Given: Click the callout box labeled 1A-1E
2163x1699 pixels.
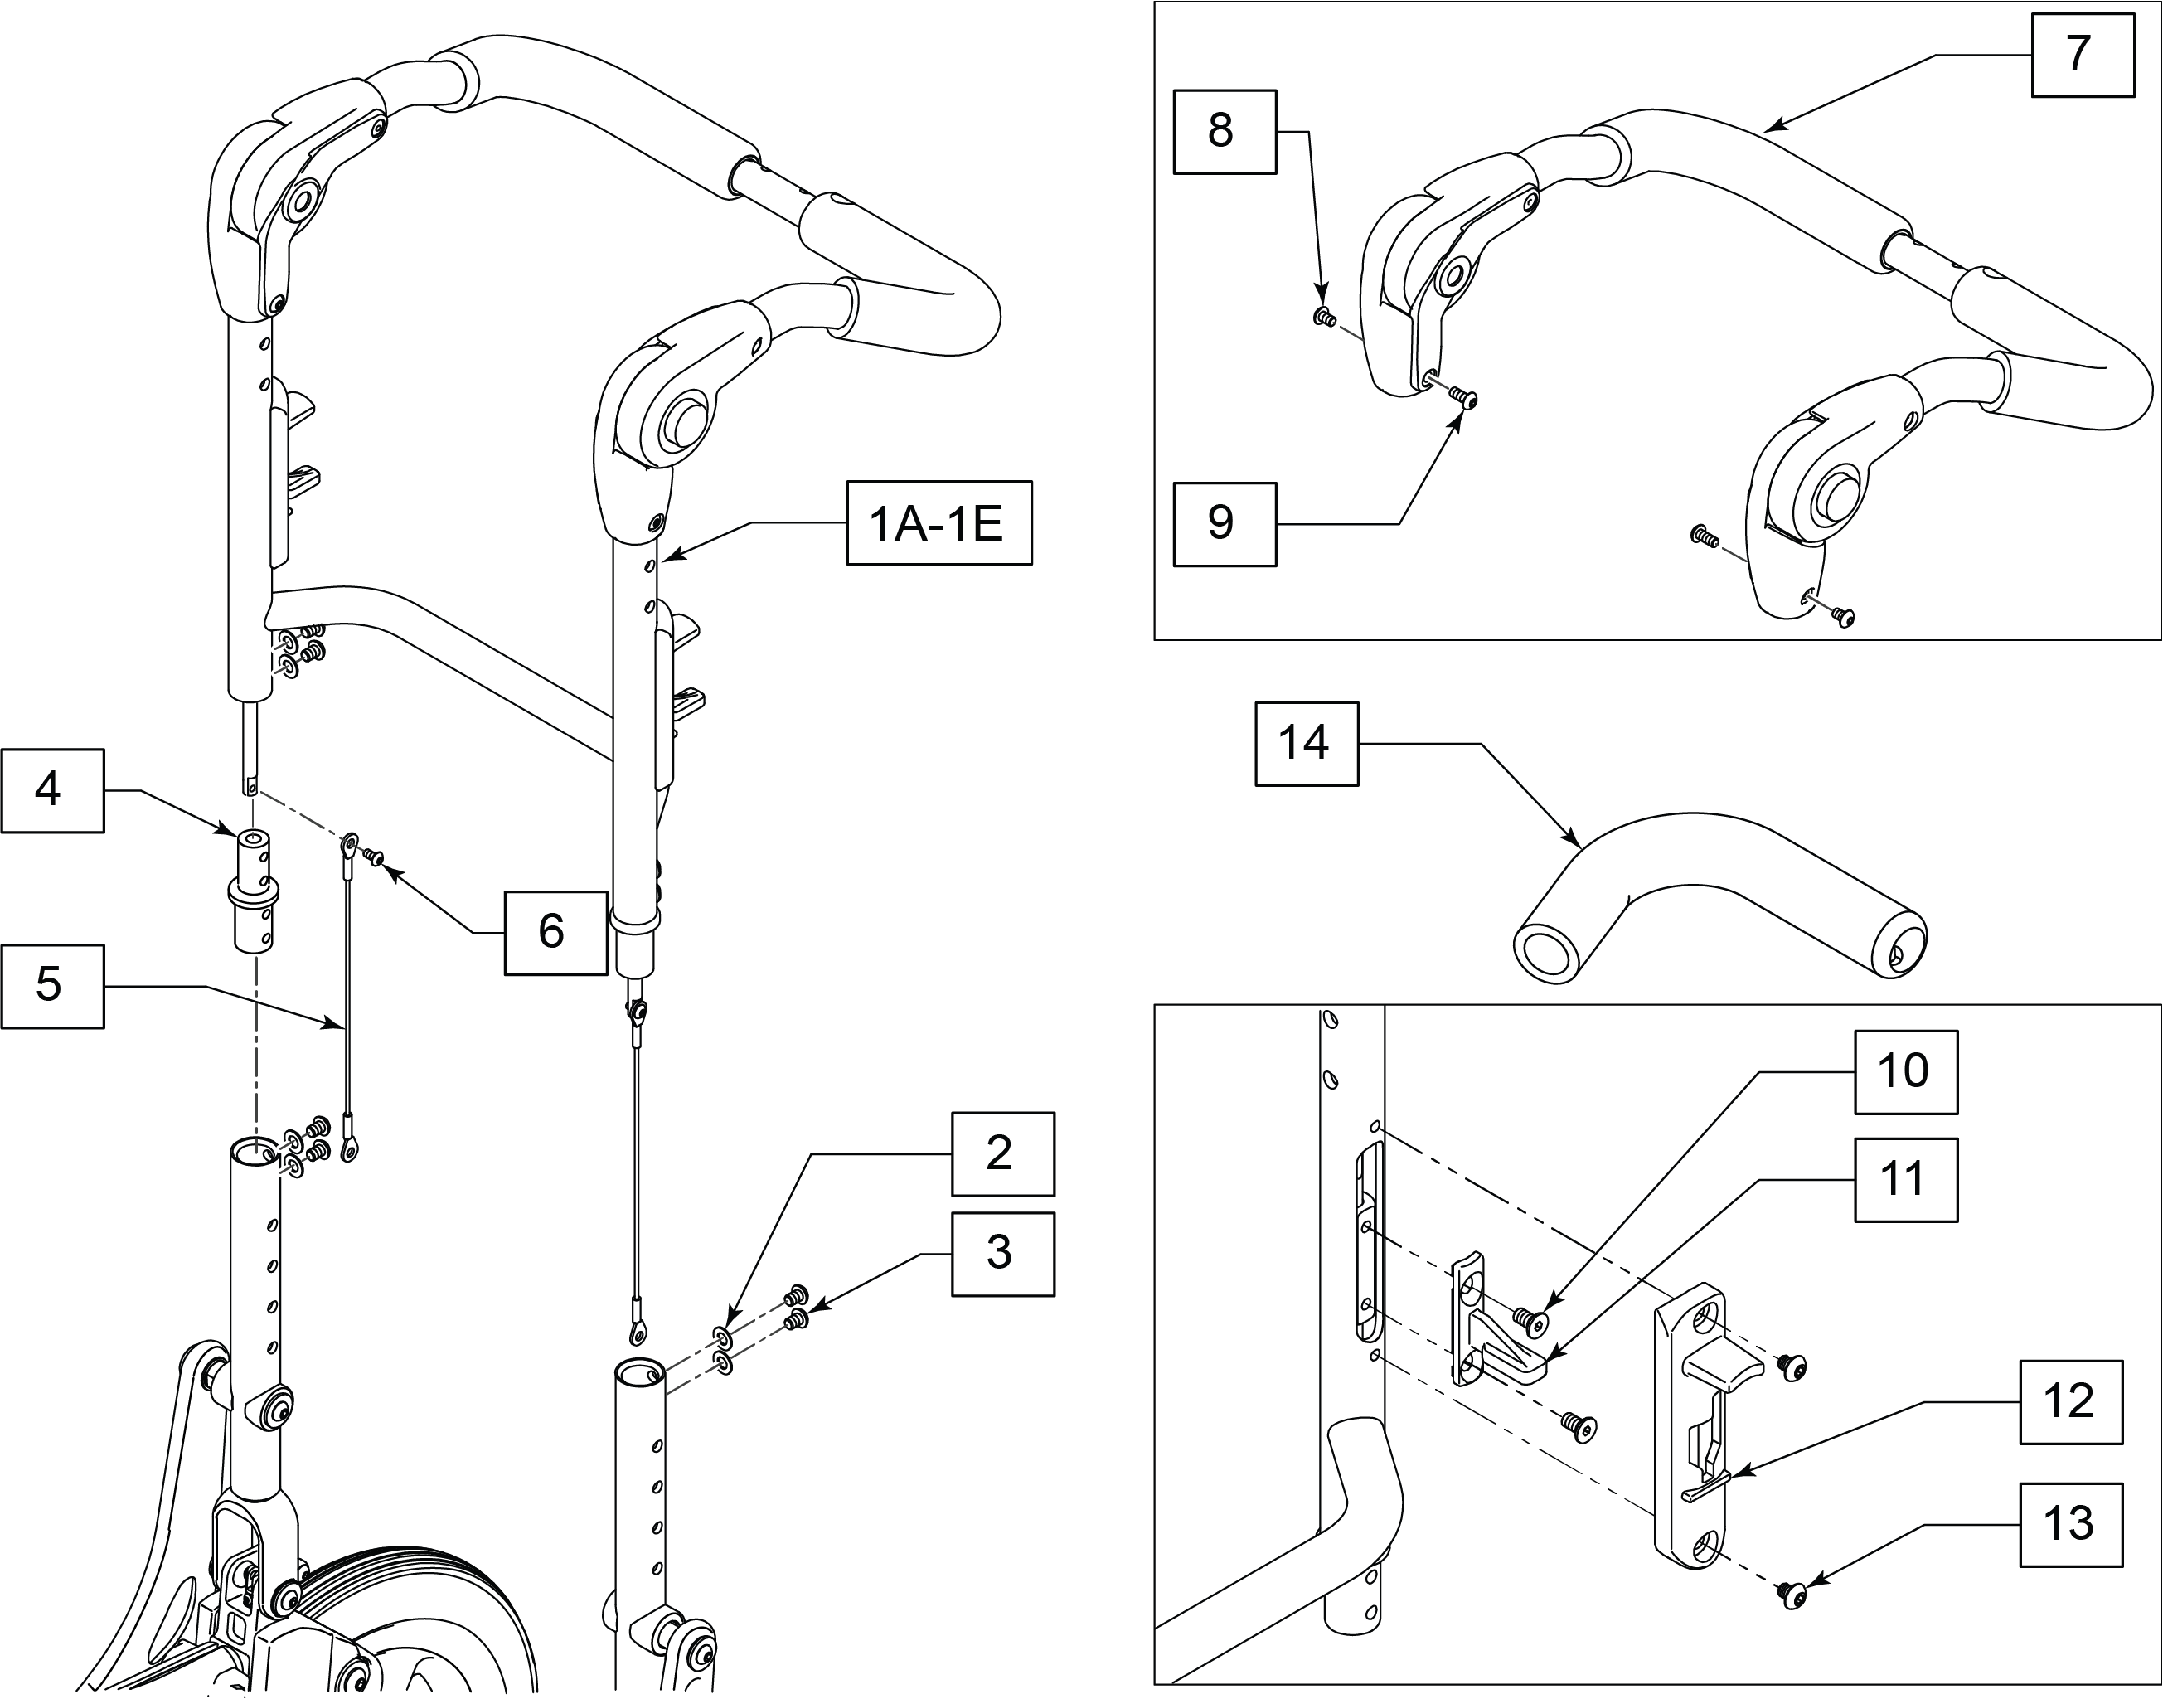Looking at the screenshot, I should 938,523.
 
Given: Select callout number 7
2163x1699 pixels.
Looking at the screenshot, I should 2083,54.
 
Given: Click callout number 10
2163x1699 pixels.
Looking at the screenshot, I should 1905,1071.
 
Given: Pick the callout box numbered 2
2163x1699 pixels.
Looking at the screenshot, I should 1002,1154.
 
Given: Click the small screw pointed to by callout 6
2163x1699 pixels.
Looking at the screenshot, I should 375,856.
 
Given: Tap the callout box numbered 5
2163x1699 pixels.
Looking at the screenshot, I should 51,986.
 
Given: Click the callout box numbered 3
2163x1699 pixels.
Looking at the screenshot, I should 1002,1254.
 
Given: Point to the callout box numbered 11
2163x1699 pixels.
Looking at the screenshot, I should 1905,1180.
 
